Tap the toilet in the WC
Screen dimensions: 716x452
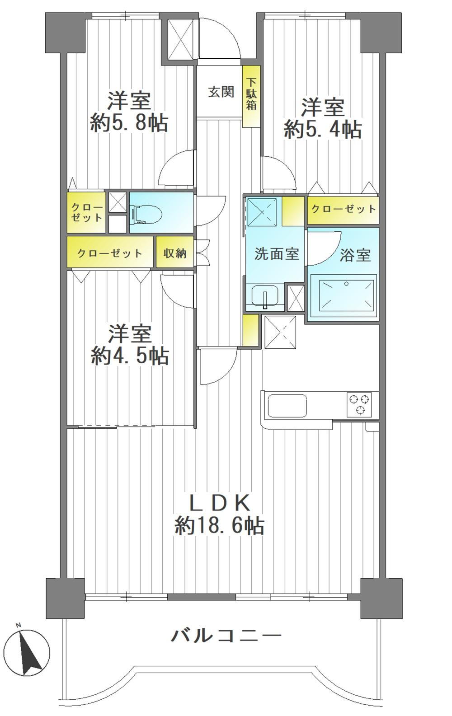pyautogui.click(x=147, y=213)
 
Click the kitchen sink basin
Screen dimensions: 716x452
pyautogui.click(x=287, y=406)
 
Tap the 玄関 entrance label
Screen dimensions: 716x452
pyautogui.click(x=221, y=92)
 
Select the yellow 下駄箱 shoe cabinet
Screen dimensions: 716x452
pyautogui.click(x=251, y=96)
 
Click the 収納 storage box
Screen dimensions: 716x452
pyautogui.click(x=175, y=253)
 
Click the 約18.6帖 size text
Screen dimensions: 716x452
pyautogui.click(x=220, y=525)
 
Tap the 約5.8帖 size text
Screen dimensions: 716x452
pyautogui.click(x=129, y=122)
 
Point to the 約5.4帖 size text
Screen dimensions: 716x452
pyautogui.click(x=323, y=129)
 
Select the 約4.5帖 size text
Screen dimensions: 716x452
pyautogui.click(x=130, y=356)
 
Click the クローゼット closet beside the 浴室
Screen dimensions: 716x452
pyautogui.click(x=343, y=209)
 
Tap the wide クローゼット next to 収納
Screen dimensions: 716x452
pyautogui.click(x=110, y=253)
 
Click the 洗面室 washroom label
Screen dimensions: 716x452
pyautogui.click(x=277, y=254)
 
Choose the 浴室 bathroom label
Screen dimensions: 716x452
pyautogui.click(x=355, y=255)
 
